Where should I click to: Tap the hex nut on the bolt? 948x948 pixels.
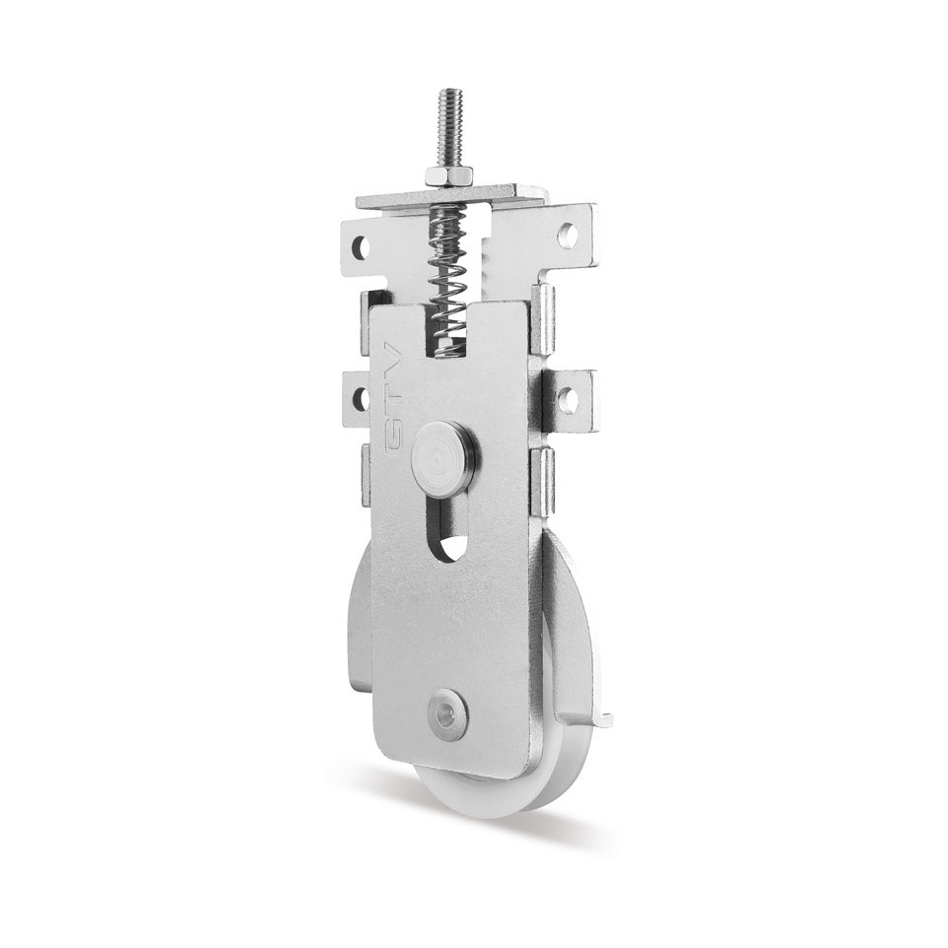point(444,176)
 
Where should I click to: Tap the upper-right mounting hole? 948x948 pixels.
point(568,233)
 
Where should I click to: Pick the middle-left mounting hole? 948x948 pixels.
point(361,396)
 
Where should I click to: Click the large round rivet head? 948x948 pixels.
point(445,451)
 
